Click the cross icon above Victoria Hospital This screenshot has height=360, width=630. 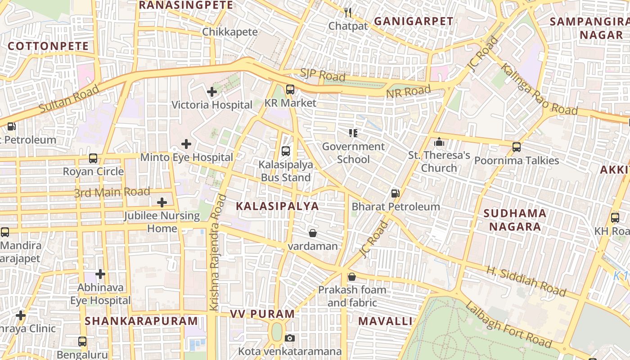pyautogui.click(x=212, y=92)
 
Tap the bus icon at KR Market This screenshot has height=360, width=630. pyautogui.click(x=290, y=90)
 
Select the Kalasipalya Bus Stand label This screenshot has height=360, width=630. pyautogui.click(x=286, y=171)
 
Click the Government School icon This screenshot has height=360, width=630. pyautogui.click(x=353, y=133)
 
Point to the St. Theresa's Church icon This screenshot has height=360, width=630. pyautogui.click(x=439, y=142)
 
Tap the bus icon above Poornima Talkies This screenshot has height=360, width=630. pyautogui.click(x=517, y=147)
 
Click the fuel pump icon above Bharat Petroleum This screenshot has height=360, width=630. pyautogui.click(x=396, y=193)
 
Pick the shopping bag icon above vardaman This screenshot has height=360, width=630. pyautogui.click(x=313, y=233)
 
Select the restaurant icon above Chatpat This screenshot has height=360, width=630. pyautogui.click(x=348, y=12)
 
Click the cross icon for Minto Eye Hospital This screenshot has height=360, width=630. pyautogui.click(x=186, y=144)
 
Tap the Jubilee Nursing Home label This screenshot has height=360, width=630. pyautogui.click(x=162, y=222)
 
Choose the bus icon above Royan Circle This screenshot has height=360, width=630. pyautogui.click(x=93, y=158)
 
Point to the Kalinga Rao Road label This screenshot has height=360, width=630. pyautogui.click(x=539, y=90)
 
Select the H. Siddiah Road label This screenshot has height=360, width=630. pyautogui.click(x=526, y=281)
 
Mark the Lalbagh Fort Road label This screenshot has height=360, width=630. pyautogui.click(x=508, y=325)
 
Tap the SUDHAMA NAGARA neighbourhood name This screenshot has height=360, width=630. pyautogui.click(x=515, y=220)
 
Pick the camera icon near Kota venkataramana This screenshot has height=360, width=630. pyautogui.click(x=290, y=338)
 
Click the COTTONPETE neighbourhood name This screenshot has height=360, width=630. pyautogui.click(x=49, y=46)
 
